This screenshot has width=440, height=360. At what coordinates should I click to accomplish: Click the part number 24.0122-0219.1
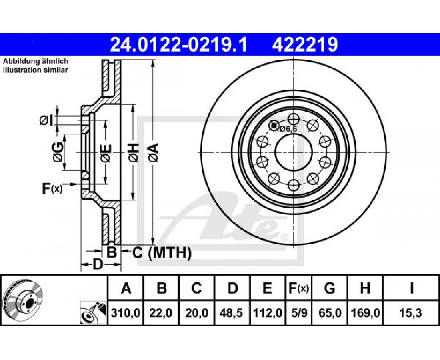coord(179,45)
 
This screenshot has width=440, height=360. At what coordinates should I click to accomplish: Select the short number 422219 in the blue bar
coord(305,45)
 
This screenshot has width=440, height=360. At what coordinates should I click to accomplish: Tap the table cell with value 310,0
coord(126,312)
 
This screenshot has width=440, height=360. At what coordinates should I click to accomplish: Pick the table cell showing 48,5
coord(232,312)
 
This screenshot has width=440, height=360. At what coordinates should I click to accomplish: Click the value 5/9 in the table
coord(299,312)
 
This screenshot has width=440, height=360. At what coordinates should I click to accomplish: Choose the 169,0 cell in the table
coord(365,312)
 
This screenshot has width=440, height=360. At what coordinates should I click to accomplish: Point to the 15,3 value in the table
coord(411,312)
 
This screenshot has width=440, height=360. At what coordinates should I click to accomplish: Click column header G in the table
coord(330,288)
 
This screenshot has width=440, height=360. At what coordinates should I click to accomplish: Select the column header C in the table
coord(197,288)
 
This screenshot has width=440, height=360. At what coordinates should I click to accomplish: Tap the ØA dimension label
coord(154,152)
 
